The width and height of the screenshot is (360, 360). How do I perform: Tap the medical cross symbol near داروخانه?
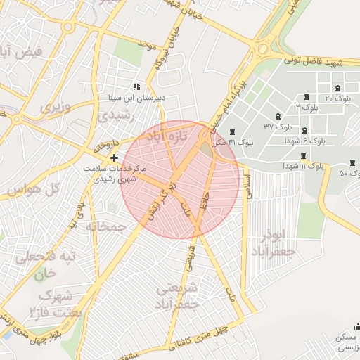[114, 157]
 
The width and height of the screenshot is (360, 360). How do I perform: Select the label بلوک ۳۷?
[278, 127]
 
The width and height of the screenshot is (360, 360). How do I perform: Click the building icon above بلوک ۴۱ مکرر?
[232, 132]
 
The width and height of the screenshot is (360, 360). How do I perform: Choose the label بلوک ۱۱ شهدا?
[303, 167]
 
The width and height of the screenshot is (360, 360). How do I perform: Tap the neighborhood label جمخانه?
[105, 227]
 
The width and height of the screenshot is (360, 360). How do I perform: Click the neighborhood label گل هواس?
[32, 191]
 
